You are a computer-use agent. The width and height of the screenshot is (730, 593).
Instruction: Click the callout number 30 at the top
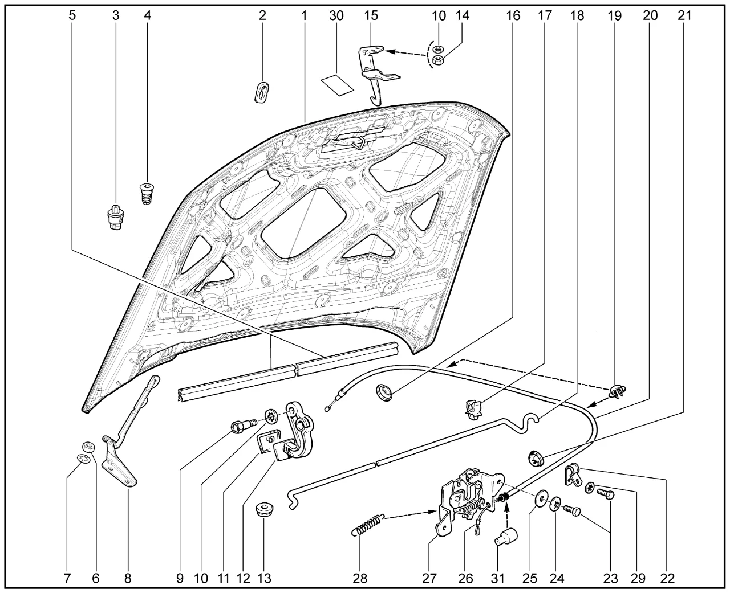coord(336,15)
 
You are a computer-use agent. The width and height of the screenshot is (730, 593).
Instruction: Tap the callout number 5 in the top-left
coord(72,15)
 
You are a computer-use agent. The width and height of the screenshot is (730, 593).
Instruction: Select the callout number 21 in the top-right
coord(684,15)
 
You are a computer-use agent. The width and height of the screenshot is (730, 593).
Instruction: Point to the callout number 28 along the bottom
coord(360,578)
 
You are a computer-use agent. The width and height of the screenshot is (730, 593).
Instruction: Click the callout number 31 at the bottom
coord(498,578)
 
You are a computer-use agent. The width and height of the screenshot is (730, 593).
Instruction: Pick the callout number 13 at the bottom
coord(264,578)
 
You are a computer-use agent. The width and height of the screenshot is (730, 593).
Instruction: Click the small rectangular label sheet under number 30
coord(337,85)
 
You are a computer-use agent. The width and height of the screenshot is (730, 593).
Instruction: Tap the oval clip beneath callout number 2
coord(262,92)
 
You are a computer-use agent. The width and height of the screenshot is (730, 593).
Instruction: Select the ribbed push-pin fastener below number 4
coord(147,194)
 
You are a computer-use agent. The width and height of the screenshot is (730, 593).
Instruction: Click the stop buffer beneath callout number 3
coord(116,218)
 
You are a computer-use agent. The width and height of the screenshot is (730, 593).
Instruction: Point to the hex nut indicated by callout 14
coord(437,60)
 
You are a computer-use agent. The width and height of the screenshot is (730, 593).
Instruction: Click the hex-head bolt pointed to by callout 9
coord(244,426)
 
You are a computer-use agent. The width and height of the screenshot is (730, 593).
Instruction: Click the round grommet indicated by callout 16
coord(384,392)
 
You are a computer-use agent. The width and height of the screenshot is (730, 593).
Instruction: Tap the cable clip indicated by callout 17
coord(473,409)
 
